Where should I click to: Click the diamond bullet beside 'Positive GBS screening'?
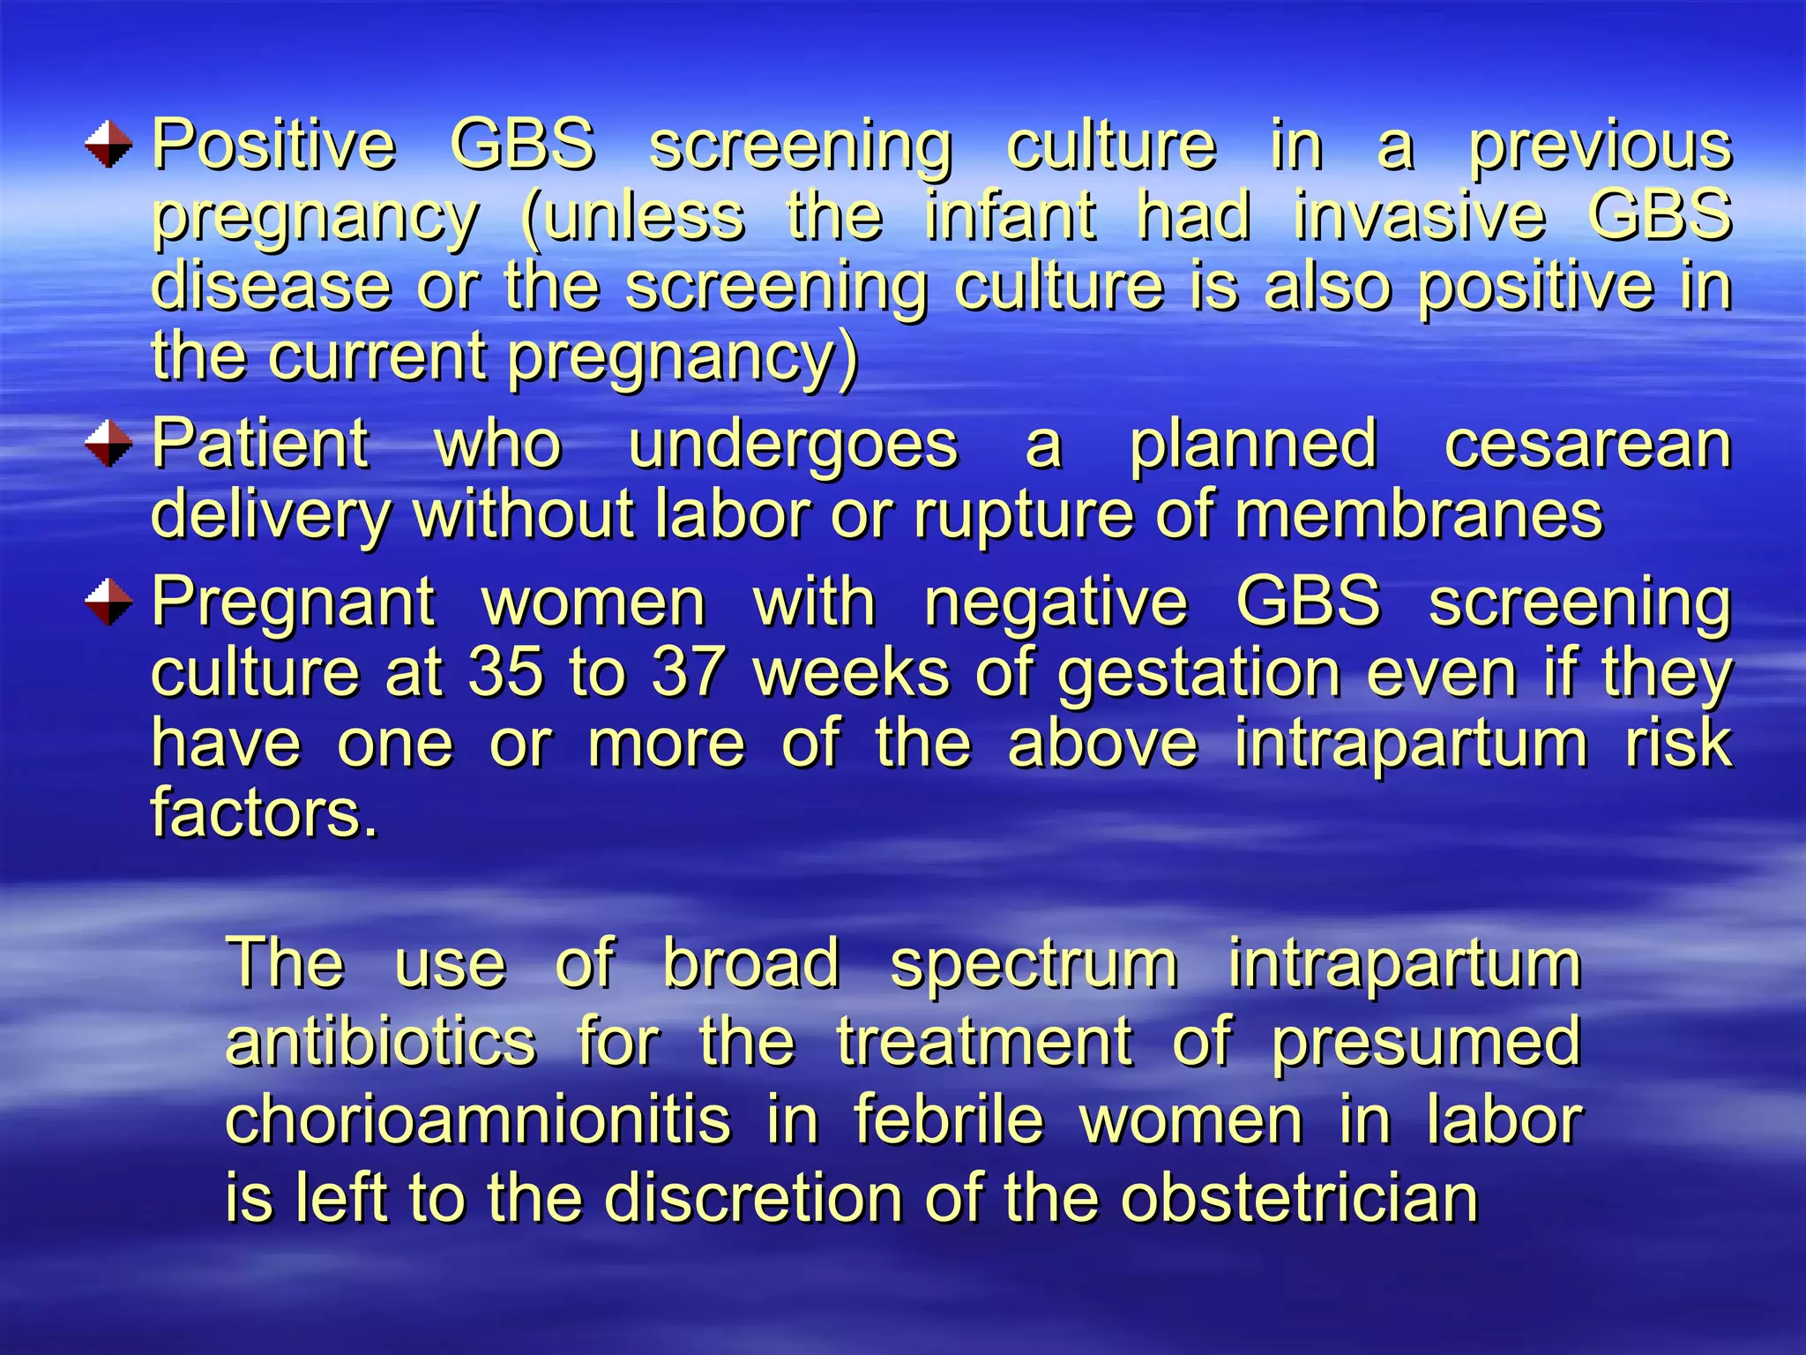[109, 145]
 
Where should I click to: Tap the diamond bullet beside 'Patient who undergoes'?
[109, 443]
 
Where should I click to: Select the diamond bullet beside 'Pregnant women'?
[109, 602]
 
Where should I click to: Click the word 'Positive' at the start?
[274, 145]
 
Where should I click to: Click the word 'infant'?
[1011, 216]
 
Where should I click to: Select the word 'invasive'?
[1420, 216]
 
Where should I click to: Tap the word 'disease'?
[272, 286]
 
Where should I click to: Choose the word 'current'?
[378, 356]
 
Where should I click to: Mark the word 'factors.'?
[265, 812]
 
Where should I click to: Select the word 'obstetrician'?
[1299, 1198]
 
